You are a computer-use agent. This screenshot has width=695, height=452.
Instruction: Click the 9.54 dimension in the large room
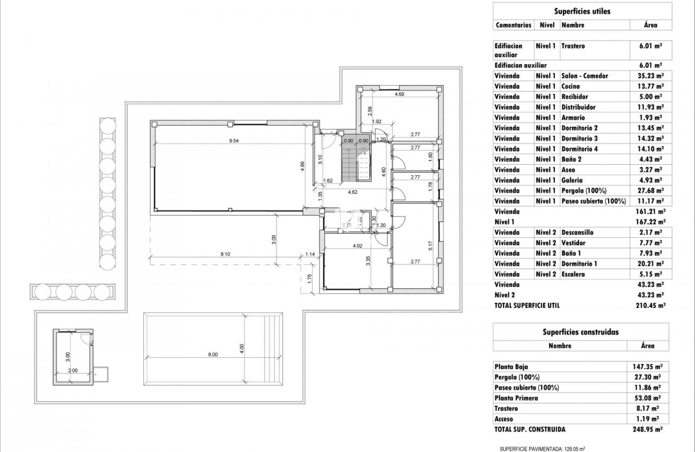234,141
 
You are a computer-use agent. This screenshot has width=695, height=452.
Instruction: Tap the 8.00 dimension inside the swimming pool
212,355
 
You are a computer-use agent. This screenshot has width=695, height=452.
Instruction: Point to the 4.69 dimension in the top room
399,95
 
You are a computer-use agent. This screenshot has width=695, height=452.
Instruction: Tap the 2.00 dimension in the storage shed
73,370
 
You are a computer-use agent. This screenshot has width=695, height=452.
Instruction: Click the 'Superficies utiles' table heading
582,11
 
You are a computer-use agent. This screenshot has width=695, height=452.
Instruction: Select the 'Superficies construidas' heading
581,332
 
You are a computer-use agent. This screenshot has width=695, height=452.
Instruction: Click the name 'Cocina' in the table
571,86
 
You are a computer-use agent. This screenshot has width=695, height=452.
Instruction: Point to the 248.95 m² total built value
647,429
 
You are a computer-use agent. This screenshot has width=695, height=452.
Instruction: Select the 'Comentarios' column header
513,25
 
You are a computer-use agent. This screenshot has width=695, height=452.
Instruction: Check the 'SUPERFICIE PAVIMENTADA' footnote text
542,448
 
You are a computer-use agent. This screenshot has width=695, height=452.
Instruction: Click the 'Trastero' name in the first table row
573,46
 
